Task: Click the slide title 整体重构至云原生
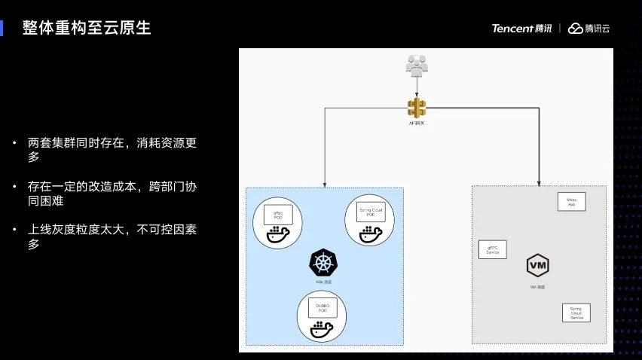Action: click(87, 29)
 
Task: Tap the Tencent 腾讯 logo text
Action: click(521, 29)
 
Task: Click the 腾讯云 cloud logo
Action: click(588, 29)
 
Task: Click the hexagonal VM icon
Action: click(537, 266)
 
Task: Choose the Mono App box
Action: click(571, 202)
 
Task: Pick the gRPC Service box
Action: click(493, 249)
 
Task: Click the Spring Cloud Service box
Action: click(576, 313)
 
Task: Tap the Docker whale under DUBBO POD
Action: click(322, 329)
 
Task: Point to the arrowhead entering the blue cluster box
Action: click(325, 184)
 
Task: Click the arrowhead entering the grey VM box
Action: click(539, 182)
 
